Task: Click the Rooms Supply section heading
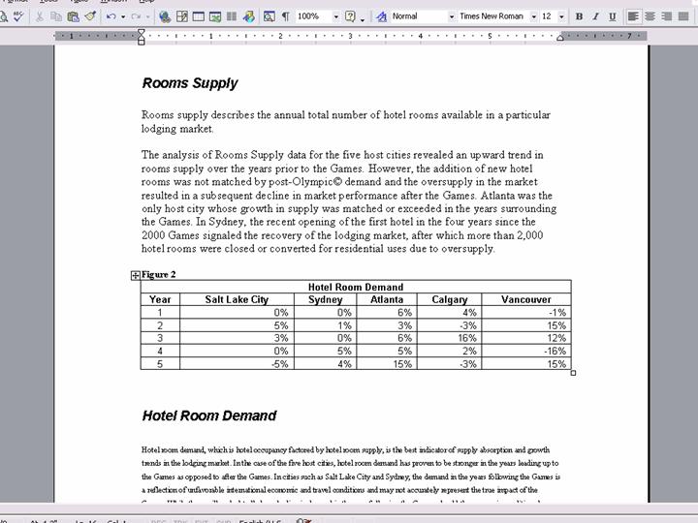click(x=189, y=83)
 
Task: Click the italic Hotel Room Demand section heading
click(x=208, y=415)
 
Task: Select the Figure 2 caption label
click(x=158, y=275)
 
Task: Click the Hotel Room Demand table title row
click(x=355, y=287)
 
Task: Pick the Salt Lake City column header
click(x=237, y=299)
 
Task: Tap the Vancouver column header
click(x=525, y=299)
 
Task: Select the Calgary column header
click(x=449, y=299)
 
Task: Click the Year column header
click(x=161, y=299)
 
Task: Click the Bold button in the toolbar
click(x=579, y=16)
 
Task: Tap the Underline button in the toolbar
click(x=612, y=16)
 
